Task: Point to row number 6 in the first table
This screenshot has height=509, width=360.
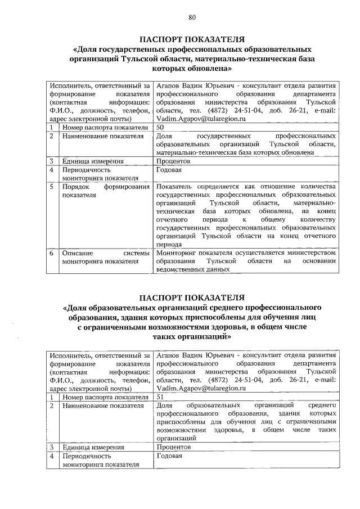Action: [x=51, y=253]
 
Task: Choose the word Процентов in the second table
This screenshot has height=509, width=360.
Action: [x=174, y=447]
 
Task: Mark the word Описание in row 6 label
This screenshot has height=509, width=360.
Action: [x=78, y=253]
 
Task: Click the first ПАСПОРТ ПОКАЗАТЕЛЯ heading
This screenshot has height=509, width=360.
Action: [x=191, y=39]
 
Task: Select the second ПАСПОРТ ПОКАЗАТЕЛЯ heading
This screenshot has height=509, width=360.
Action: [x=191, y=297]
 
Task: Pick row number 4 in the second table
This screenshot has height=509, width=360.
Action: [x=51, y=456]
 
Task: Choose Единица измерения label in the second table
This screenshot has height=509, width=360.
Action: [x=93, y=447]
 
